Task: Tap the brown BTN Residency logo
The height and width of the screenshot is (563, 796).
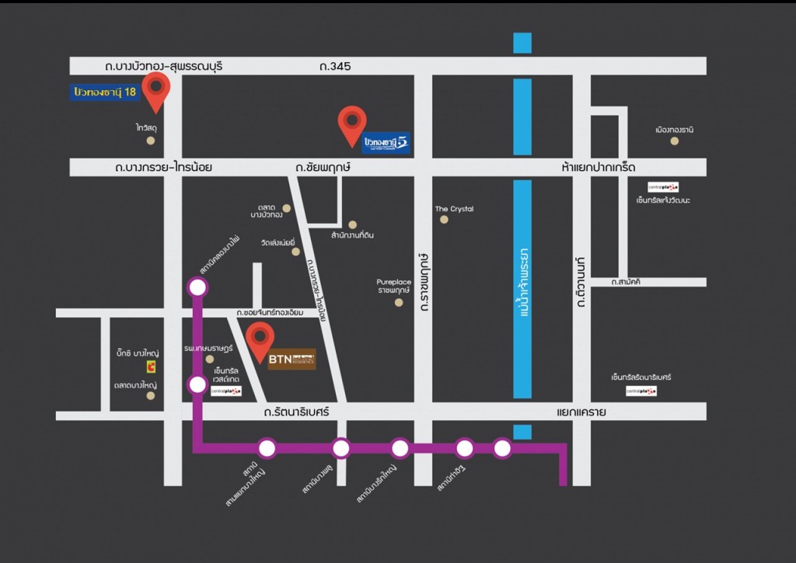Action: tap(292, 360)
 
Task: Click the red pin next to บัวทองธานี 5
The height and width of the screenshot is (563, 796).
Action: tap(352, 123)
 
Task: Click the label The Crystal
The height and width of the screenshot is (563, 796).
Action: tap(454, 209)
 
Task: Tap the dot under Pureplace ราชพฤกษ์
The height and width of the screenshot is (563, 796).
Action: tap(399, 302)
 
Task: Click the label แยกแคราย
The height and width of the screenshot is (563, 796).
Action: tap(581, 412)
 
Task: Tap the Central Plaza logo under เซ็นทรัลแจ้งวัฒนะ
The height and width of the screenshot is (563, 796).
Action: tap(663, 186)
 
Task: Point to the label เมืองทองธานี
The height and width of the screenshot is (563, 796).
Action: tap(674, 130)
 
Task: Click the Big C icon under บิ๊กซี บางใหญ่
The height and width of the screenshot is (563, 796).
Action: tap(152, 367)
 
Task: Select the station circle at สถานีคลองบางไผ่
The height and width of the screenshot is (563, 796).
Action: tap(197, 287)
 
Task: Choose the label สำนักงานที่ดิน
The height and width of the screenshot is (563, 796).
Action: tap(352, 235)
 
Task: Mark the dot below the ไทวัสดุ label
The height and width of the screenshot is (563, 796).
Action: tap(150, 141)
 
